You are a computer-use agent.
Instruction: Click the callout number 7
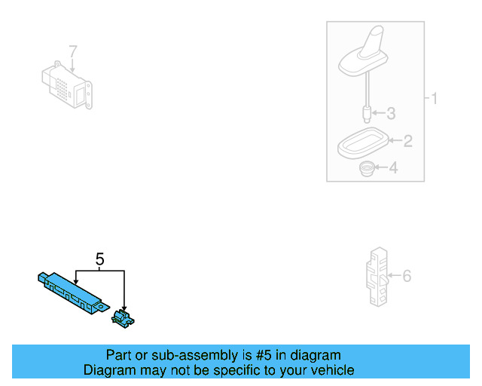(73, 52)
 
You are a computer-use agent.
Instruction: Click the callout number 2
(407, 140)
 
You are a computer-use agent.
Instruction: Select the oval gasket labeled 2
(361, 143)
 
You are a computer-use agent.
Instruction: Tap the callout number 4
(392, 168)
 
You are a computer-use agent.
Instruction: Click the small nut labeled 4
(366, 169)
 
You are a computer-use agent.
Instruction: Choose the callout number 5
(99, 259)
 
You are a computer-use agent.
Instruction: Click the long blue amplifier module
(71, 292)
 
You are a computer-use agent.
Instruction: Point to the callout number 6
(407, 277)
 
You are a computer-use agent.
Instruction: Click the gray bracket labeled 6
(377, 277)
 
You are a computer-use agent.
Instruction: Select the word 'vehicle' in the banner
(331, 370)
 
